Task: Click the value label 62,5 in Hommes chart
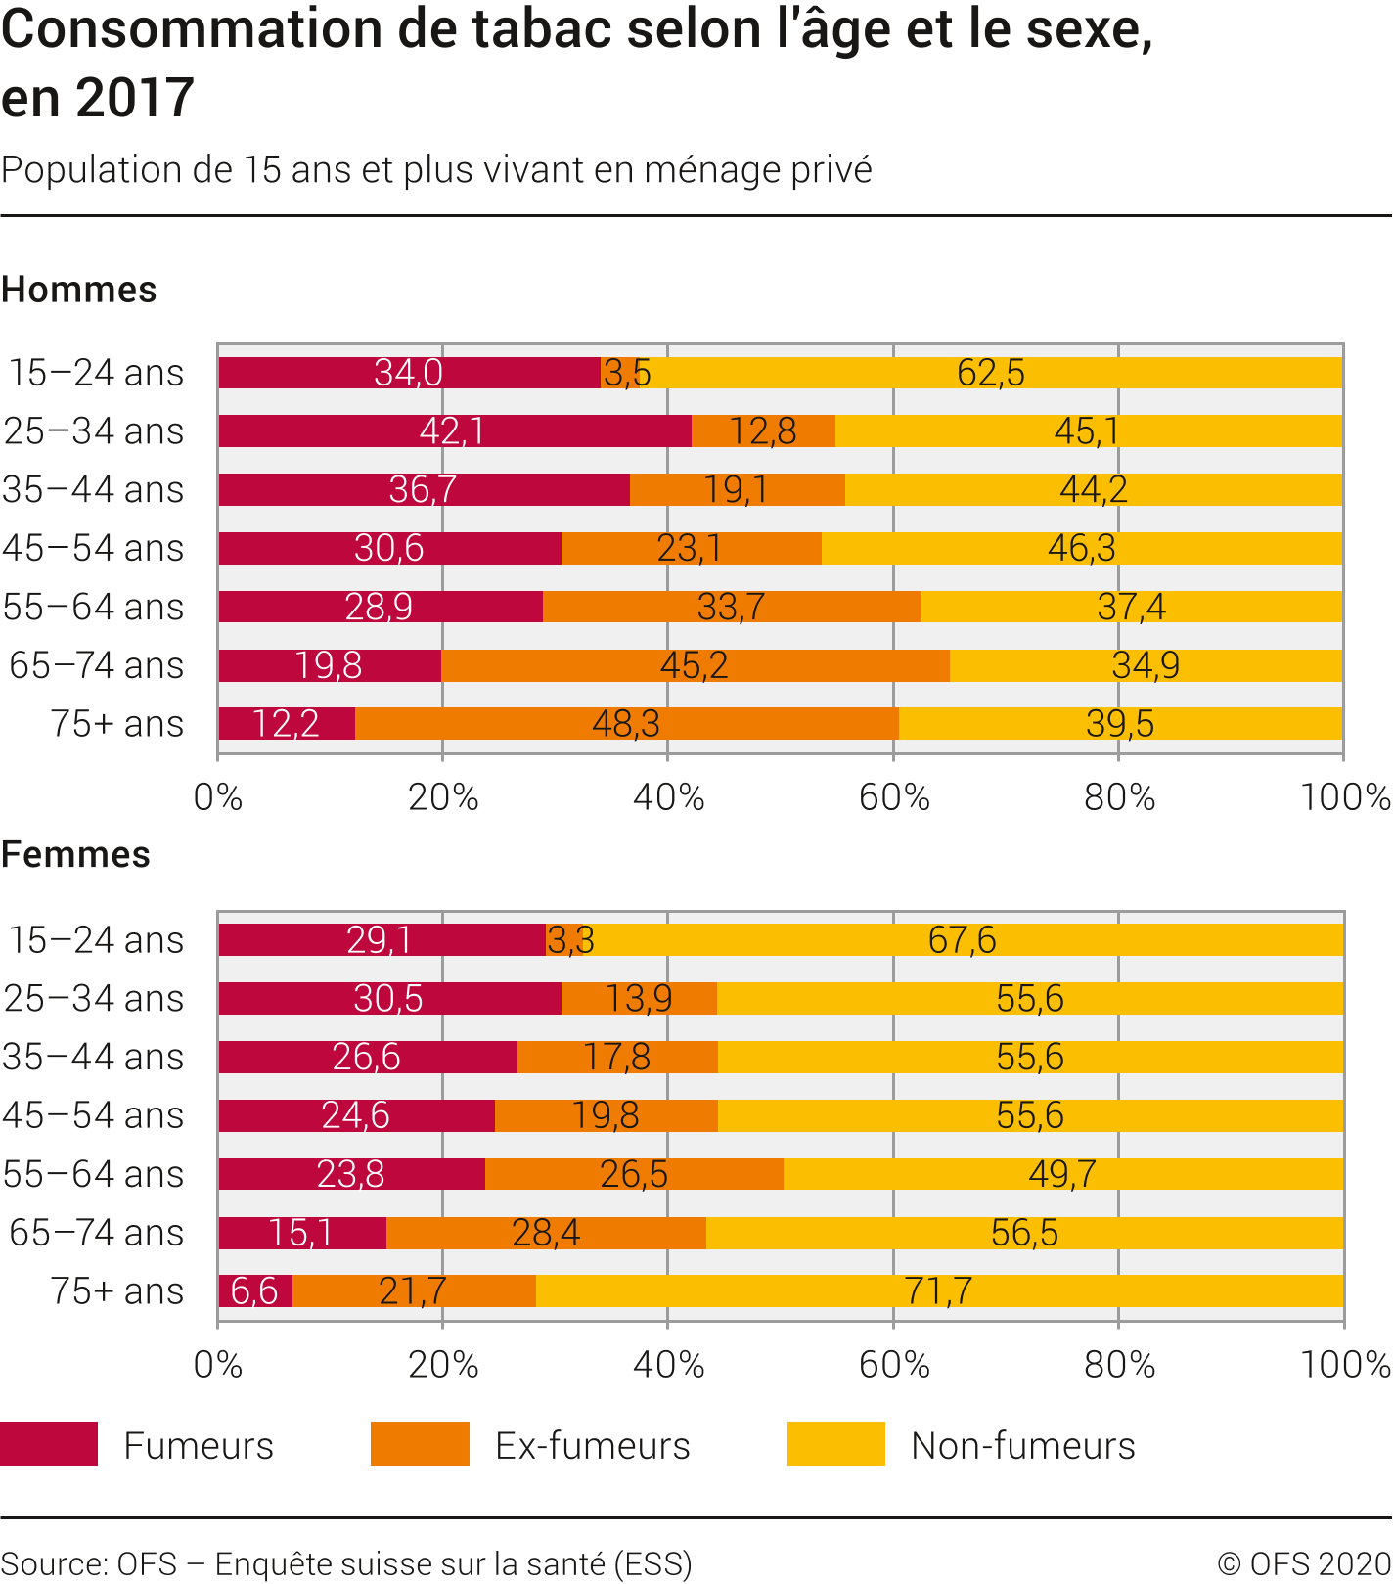tap(990, 373)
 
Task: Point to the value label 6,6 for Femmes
tap(254, 1291)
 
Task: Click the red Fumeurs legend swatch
tap(49, 1444)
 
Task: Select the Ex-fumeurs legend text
tap(592, 1446)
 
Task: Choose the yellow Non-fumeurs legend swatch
tap(835, 1444)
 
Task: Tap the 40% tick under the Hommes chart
tap(668, 798)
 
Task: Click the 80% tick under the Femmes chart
tap(1119, 1365)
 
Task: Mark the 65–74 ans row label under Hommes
tap(96, 666)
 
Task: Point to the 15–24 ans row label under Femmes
tap(96, 940)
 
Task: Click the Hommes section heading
tap(79, 291)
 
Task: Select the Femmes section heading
tap(75, 855)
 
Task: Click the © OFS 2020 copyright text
tap(1304, 1564)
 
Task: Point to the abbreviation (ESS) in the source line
tap(652, 1564)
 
